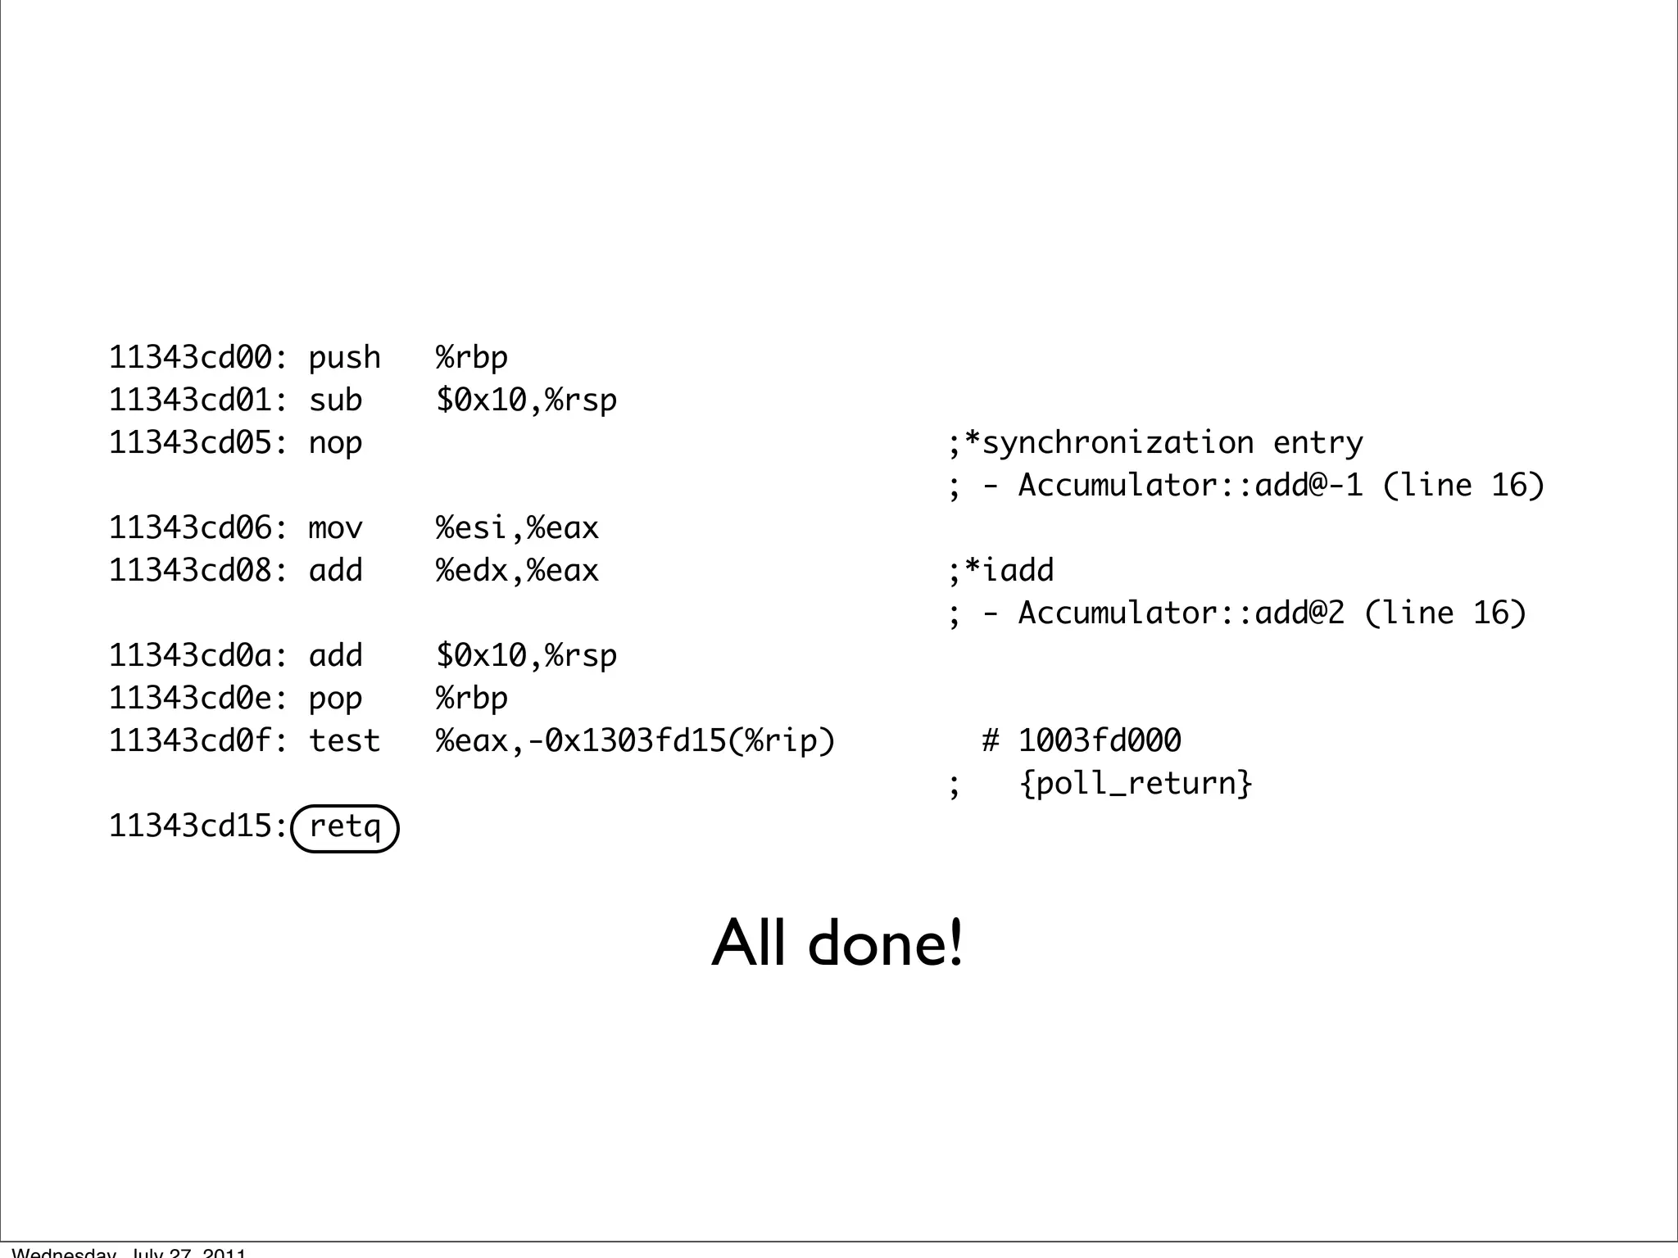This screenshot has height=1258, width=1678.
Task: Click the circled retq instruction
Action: tap(344, 827)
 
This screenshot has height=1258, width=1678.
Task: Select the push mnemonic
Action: tap(344, 358)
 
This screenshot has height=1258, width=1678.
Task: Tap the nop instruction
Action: tap(335, 443)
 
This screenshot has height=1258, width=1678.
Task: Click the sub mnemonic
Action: tap(335, 400)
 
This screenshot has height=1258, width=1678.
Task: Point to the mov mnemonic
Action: tap(335, 528)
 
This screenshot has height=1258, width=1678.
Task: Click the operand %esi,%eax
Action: tap(517, 528)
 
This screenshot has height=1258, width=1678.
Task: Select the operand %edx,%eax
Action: tap(517, 571)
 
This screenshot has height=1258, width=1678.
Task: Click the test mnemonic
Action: tap(344, 741)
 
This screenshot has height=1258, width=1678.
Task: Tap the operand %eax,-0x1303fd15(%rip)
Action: tap(635, 741)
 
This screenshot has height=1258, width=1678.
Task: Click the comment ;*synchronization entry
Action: tap(1155, 443)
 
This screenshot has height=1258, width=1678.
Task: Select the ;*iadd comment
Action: tap(1001, 571)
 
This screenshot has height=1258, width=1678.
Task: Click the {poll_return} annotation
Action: tap(1136, 784)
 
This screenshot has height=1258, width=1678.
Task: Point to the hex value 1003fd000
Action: tap(1100, 741)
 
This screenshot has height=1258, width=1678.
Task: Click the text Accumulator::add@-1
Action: tap(1190, 486)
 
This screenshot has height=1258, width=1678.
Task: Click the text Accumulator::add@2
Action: tap(1181, 613)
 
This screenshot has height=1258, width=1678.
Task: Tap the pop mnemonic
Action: tap(335, 699)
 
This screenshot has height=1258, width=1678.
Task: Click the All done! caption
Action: tap(837, 943)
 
